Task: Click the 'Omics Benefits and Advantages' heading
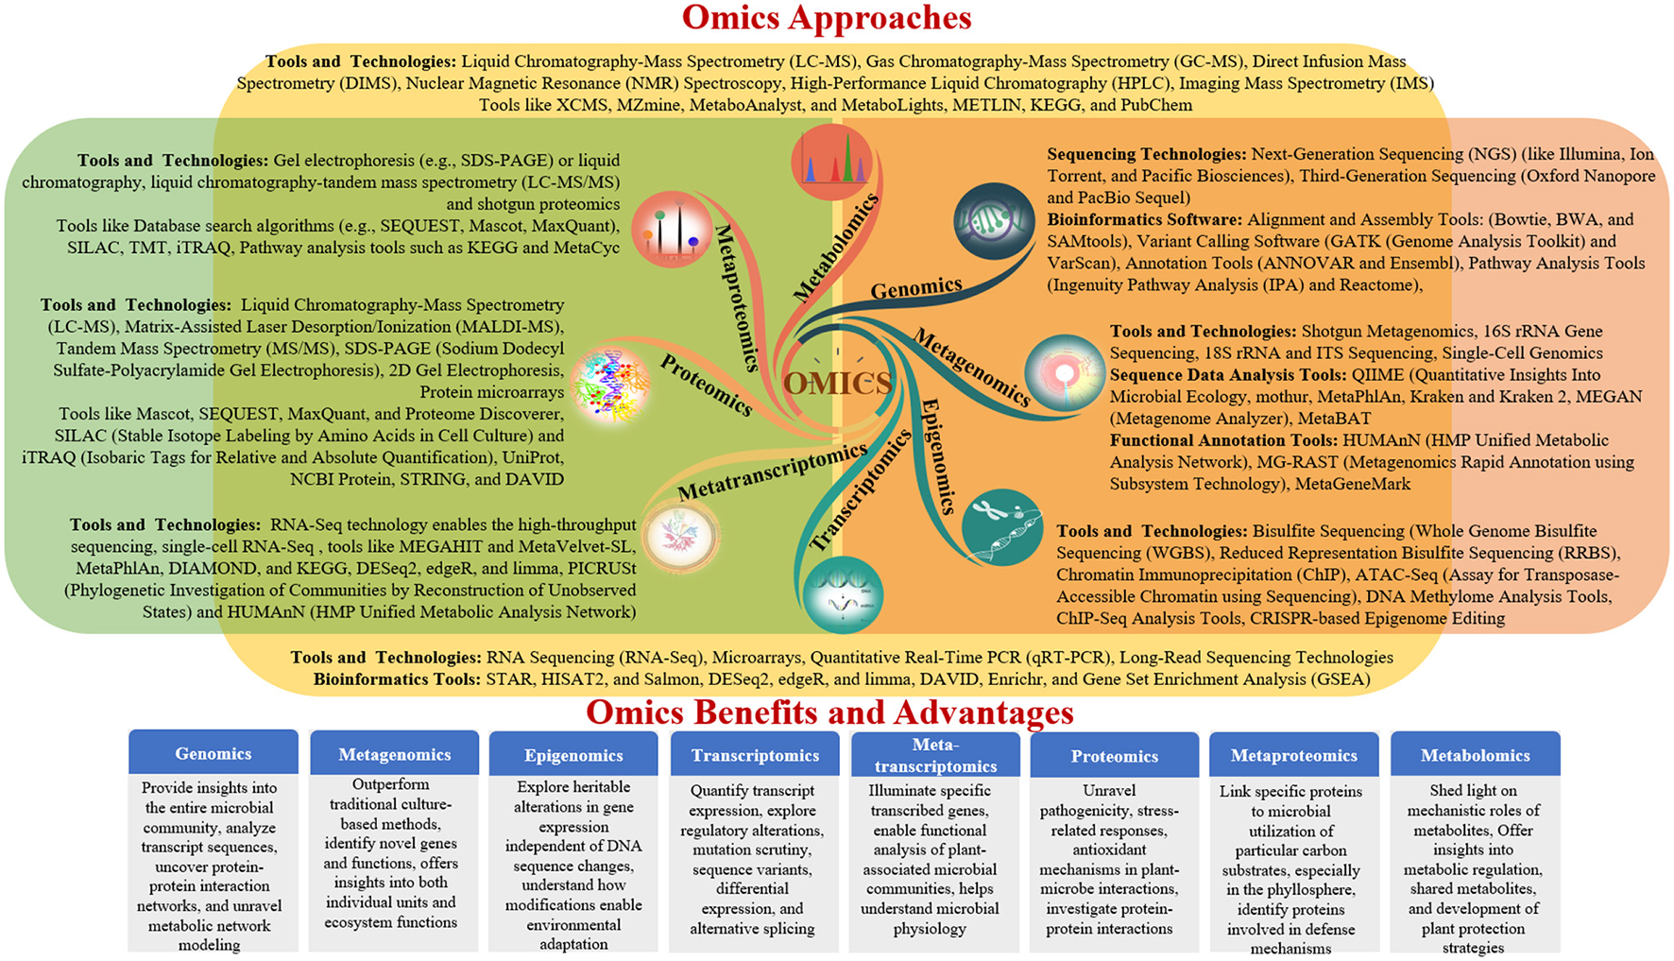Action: point(828,712)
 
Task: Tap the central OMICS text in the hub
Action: point(837,383)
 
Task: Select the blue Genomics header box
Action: point(214,753)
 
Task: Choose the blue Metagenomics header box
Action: point(394,754)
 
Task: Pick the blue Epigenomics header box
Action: point(573,755)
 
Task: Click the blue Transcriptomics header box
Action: point(755,755)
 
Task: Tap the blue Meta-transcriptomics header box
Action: point(934,755)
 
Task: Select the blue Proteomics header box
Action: point(1114,756)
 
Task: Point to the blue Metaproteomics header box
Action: point(1293,756)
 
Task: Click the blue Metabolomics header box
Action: point(1475,755)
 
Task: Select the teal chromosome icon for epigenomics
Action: point(1001,526)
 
